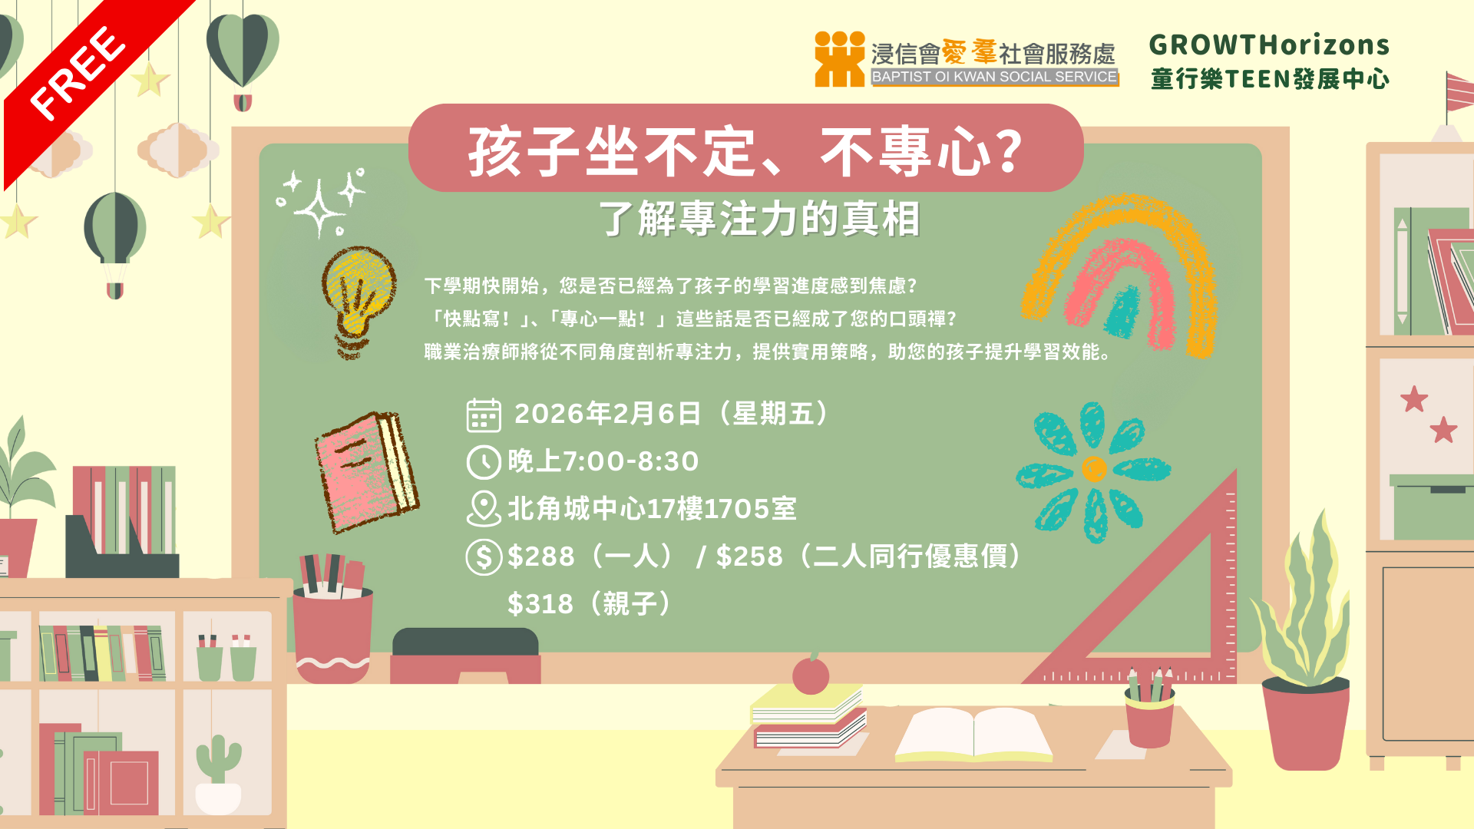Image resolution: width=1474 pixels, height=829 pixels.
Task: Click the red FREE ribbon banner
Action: [84, 84]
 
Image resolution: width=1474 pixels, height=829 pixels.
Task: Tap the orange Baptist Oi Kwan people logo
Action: [840, 59]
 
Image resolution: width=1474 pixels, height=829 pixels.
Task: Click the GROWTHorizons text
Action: [1269, 45]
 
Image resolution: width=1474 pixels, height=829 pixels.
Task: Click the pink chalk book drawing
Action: [366, 471]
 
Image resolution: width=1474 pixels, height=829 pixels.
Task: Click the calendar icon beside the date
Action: [484, 415]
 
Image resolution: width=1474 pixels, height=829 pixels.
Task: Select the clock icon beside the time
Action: [484, 462]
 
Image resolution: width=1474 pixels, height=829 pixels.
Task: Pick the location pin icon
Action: [484, 509]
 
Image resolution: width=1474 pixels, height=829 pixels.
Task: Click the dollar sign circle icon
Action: [484, 557]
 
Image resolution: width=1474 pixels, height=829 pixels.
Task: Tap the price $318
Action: [540, 604]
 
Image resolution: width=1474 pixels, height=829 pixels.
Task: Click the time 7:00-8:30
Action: [630, 461]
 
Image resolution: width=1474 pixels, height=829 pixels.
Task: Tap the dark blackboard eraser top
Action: [465, 642]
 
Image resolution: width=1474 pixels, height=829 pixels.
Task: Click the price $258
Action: [749, 557]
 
